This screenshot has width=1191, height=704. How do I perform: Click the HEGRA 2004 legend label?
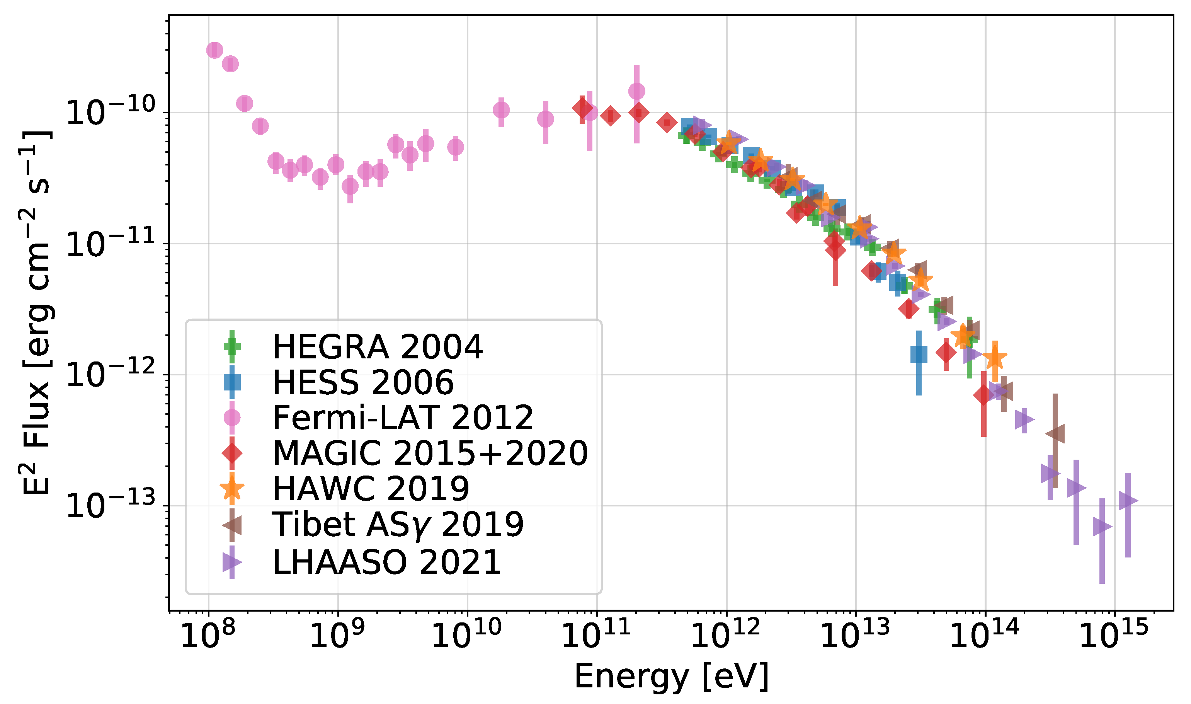tap(378, 347)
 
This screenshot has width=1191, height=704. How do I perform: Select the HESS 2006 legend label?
tap(363, 382)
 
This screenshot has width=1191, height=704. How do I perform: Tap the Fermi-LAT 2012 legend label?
tap(403, 418)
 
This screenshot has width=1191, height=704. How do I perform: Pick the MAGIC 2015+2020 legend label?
tap(430, 453)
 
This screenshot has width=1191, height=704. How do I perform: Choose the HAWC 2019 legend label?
tap(371, 488)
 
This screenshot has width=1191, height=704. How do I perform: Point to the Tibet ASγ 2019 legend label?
tap(398, 524)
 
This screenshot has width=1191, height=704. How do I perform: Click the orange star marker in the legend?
tap(232, 489)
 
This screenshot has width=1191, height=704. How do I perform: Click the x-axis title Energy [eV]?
tap(671, 677)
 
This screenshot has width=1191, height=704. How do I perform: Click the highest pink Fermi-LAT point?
tap(214, 50)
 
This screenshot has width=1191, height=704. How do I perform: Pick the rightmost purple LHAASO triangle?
tap(1128, 501)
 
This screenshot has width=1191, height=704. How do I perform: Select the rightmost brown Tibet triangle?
tap(1055, 434)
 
